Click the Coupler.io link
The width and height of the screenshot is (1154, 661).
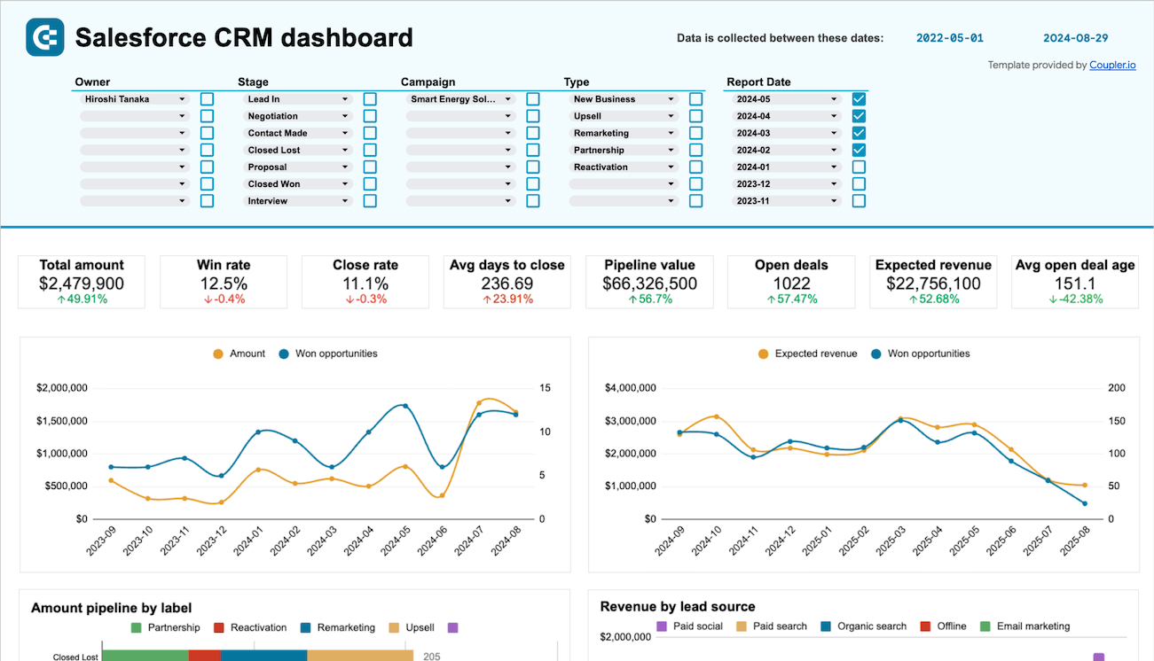1112,65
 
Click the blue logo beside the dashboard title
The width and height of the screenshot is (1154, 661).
45,38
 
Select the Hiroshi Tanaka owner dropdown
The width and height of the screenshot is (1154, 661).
134,99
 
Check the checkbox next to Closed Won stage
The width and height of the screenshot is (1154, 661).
370,184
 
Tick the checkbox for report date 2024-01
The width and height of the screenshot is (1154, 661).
859,167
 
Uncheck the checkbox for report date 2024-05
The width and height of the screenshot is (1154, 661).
859,99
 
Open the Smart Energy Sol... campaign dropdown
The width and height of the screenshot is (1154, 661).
460,99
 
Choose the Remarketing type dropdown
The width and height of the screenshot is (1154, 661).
624,134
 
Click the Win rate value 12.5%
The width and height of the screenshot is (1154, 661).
223,284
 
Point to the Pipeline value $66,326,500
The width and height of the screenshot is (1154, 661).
649,284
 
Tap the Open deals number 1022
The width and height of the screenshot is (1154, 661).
791,284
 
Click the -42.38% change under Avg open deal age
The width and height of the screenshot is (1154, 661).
1074,299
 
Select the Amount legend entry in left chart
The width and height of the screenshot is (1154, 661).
239,354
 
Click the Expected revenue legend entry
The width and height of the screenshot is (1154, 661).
807,354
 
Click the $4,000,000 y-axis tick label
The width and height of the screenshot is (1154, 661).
630,388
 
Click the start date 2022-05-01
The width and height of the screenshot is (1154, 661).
949,38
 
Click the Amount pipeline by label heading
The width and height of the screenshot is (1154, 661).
112,608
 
